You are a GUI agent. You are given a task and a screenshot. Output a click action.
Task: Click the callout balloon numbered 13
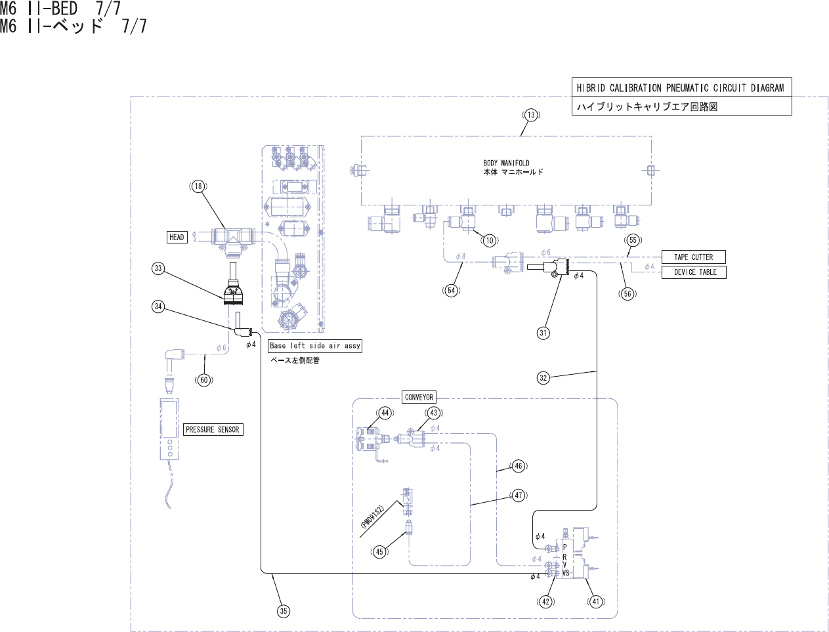coord(530,115)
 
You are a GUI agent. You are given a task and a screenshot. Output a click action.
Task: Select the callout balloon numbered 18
coord(198,186)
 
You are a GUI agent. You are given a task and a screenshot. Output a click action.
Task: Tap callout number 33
coord(158,268)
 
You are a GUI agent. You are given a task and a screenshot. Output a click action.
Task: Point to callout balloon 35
coord(283,611)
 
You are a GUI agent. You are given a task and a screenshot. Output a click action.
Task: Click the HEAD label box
coord(177,237)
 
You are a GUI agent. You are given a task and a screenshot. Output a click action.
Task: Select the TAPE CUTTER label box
coord(693,257)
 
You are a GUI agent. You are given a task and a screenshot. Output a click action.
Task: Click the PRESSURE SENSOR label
coord(213,430)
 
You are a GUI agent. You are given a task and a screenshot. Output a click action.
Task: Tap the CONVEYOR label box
coord(419,397)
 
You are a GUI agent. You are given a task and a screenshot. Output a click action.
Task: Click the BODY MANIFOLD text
coord(506,163)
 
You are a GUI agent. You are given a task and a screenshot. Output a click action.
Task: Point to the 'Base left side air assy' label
coord(315,346)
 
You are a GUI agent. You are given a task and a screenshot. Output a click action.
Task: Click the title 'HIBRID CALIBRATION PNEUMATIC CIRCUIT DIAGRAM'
coord(680,88)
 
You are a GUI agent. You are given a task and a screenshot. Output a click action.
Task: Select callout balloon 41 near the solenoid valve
coord(596,601)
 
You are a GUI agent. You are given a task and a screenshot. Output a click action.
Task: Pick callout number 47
coord(519,495)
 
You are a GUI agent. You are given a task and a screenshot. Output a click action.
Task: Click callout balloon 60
coord(204,380)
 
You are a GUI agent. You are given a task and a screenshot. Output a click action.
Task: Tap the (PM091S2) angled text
coord(372,517)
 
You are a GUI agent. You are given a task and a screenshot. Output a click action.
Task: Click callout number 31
coord(543,333)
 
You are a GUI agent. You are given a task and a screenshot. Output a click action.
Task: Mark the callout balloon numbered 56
coord(627,294)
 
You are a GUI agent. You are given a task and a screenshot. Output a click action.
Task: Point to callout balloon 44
coord(385,413)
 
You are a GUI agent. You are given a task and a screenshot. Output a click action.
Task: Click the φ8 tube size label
coord(460,257)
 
